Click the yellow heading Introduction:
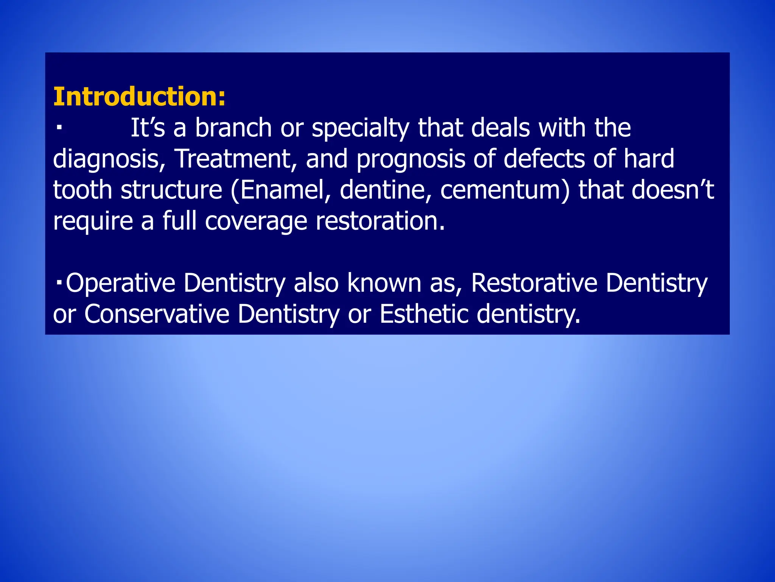pyautogui.click(x=139, y=97)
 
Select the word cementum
pyautogui.click(x=501, y=190)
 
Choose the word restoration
pyautogui.click(x=380, y=221)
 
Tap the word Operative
pyautogui.click(x=120, y=283)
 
